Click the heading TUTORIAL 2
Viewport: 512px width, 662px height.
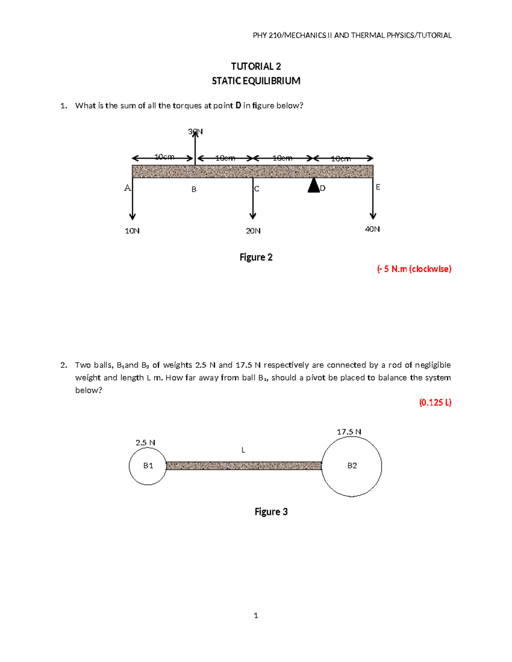click(256, 66)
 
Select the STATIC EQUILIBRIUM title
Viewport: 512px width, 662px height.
click(256, 81)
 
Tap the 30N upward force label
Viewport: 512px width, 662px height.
click(195, 132)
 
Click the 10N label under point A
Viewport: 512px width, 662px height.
click(132, 231)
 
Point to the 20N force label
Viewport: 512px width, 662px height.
click(253, 231)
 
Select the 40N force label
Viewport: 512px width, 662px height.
click(372, 229)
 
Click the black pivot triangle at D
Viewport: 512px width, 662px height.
click(314, 186)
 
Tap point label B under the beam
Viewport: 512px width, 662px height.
click(194, 189)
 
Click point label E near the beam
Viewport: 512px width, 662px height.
click(378, 187)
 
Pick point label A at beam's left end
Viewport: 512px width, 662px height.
click(127, 188)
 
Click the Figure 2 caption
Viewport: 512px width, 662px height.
click(256, 257)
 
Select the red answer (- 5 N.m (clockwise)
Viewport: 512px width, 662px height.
click(414, 269)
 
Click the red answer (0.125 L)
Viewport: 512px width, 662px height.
click(435, 402)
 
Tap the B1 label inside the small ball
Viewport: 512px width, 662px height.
click(148, 466)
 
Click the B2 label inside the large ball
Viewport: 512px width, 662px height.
click(352, 466)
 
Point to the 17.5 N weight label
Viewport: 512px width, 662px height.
click(349, 432)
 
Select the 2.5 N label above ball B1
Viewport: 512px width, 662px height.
click(145, 443)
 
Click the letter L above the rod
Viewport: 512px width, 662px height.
click(243, 450)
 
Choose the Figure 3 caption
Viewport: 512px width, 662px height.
click(271, 512)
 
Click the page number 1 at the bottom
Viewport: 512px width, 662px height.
click(256, 616)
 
